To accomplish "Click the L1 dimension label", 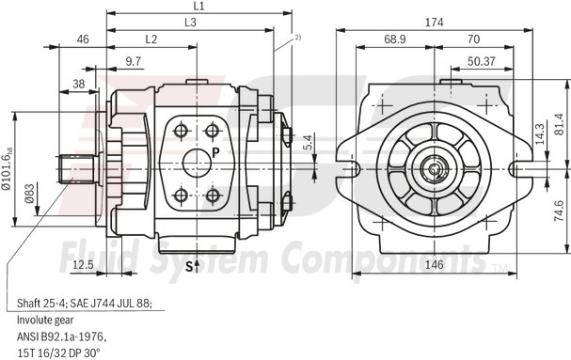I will coord(199,7).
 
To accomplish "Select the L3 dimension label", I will coord(191,22).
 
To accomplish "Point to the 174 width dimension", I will coord(434,22).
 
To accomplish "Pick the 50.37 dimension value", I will coord(481,61).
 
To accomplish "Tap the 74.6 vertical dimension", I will coord(557,209).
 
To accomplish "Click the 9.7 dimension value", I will coord(133,61).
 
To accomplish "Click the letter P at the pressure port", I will coord(215,151).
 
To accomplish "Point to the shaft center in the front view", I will coord(435,169).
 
